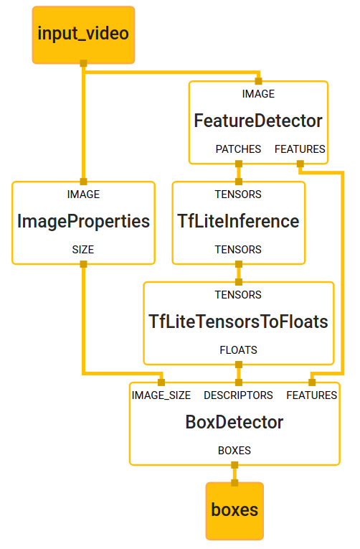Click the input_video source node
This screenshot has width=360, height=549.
(83, 34)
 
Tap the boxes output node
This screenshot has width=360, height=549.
(235, 511)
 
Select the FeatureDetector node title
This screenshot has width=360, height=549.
(258, 121)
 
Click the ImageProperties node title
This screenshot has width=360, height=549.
(83, 221)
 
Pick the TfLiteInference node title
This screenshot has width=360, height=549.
(238, 221)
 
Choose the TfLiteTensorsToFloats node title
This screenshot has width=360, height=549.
(238, 322)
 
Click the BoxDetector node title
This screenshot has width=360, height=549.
(235, 422)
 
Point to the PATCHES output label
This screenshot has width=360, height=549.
(238, 149)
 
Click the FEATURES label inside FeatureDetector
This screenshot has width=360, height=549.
(300, 149)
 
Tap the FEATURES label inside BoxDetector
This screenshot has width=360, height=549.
(312, 395)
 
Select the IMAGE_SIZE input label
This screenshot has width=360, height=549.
(161, 395)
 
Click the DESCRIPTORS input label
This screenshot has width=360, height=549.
(238, 395)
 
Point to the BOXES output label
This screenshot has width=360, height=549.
(235, 450)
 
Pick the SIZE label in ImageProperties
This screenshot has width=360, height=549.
(83, 250)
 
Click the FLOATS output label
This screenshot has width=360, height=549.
(238, 350)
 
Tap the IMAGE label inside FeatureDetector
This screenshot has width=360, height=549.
(258, 94)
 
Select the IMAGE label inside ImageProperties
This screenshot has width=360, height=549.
(83, 194)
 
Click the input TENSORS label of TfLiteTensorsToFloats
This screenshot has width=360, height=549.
(238, 295)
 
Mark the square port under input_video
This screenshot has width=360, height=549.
(83, 63)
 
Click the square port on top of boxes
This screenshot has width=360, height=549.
(235, 483)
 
